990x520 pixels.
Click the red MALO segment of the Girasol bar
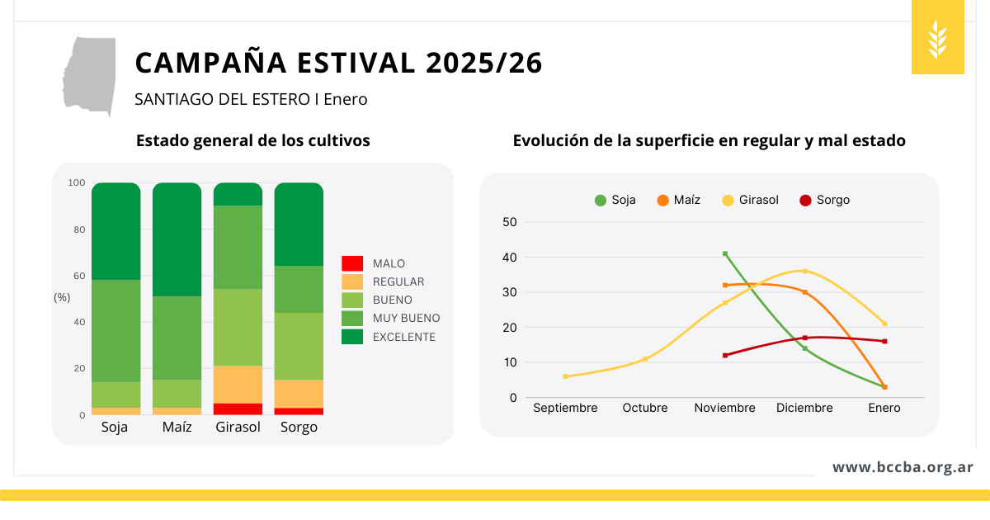(238, 409)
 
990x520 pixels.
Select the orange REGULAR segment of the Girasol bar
(238, 385)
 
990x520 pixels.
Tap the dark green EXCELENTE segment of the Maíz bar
(177, 239)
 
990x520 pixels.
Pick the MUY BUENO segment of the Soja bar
(115, 330)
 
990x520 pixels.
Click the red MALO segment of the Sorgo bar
(299, 411)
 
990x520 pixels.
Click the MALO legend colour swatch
(352, 263)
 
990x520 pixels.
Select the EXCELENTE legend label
(404, 337)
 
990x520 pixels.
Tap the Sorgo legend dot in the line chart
(806, 200)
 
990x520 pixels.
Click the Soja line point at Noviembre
(725, 253)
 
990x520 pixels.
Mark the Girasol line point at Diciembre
(804, 271)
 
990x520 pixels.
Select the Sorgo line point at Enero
(884, 341)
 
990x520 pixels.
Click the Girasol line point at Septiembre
(565, 376)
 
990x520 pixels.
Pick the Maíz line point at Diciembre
(804, 292)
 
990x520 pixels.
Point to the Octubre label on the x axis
(645, 408)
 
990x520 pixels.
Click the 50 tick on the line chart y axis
(509, 222)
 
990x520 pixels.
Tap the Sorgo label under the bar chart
(299, 428)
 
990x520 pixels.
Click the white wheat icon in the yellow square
(938, 38)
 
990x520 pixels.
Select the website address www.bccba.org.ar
(903, 467)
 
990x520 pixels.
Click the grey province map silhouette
(89, 74)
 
